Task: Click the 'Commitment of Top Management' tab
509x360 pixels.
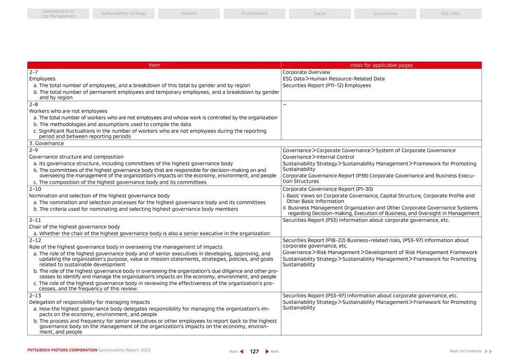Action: [58, 14]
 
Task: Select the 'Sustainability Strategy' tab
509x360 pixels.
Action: [123, 14]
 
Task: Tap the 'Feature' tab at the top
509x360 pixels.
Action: [189, 14]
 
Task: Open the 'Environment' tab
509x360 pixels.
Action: [254, 14]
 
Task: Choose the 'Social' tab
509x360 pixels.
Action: [319, 14]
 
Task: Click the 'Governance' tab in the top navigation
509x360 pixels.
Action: [385, 14]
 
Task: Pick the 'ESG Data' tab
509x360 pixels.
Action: [450, 14]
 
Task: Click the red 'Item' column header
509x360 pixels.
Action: [154, 65]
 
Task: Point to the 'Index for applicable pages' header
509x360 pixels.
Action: [381, 65]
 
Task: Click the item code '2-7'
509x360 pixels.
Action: [33, 73]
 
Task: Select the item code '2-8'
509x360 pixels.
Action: [33, 104]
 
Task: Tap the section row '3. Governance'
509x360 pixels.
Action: [46, 143]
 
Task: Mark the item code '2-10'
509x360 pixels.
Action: [35, 189]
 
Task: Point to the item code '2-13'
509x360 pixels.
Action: [35, 296]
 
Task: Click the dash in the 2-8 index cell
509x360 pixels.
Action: [284, 104]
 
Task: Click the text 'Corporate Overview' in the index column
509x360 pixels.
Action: [306, 73]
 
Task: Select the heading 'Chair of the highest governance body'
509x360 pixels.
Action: [75, 227]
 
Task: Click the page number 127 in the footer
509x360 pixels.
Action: [254, 352]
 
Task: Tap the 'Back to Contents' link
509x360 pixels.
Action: [466, 351]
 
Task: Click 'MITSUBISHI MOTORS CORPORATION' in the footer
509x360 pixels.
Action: [62, 350]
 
